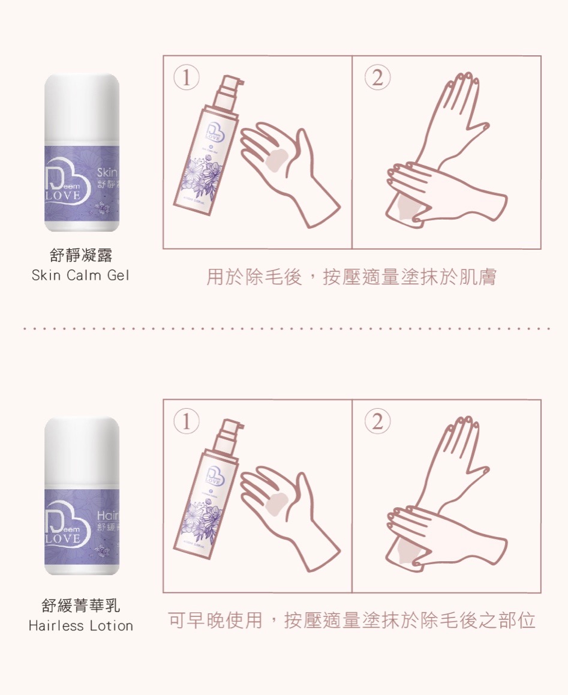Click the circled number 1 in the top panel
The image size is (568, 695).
187,79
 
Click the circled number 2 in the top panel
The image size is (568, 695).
377,79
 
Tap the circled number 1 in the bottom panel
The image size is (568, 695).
187,423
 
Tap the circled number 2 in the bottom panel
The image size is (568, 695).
377,423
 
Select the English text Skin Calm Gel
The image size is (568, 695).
80,275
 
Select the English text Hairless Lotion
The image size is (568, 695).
81,626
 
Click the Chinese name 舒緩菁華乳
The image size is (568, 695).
81,605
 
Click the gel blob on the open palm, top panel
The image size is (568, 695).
278,161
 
